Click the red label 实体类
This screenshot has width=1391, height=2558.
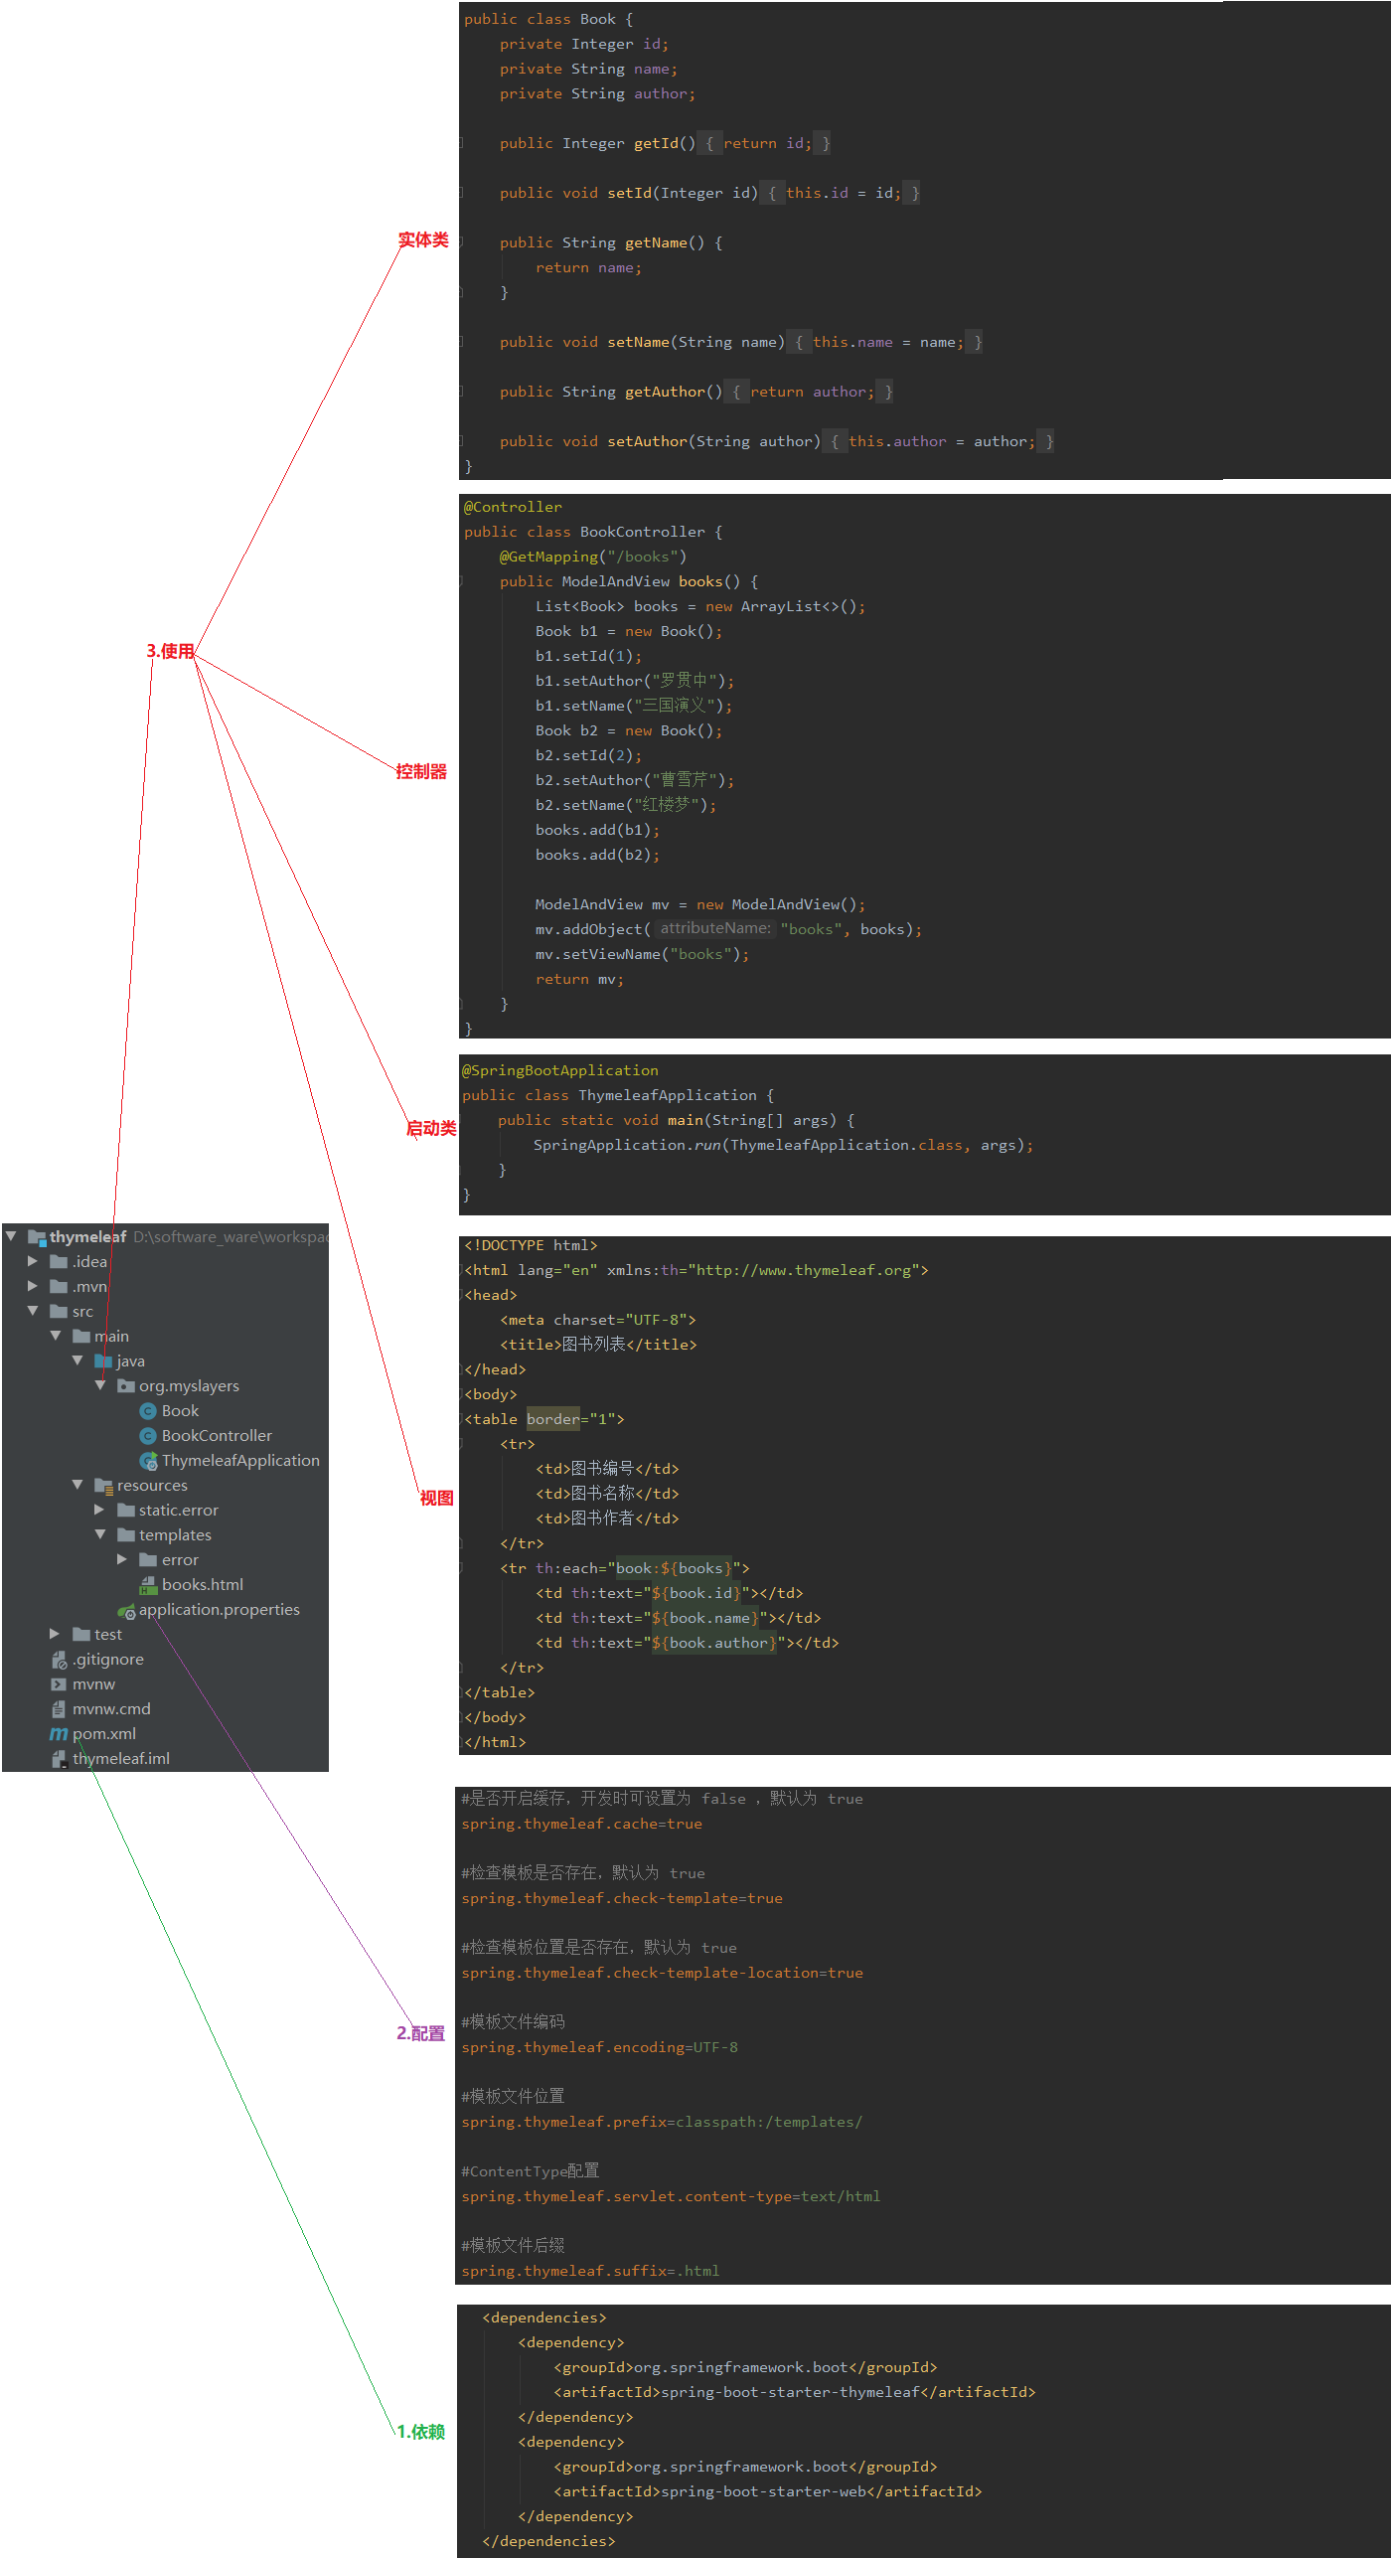(x=423, y=240)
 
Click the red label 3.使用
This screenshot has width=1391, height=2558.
(x=170, y=651)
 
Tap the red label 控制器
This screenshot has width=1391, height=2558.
(x=421, y=771)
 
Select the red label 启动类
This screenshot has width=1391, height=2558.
(x=431, y=1128)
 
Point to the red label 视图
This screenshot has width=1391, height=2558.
(x=436, y=1498)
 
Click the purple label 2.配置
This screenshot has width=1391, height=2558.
(x=421, y=2033)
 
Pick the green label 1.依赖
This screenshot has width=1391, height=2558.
(x=421, y=2431)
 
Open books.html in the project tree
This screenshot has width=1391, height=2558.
(x=202, y=1584)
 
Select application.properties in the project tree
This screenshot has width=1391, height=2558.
(x=219, y=1609)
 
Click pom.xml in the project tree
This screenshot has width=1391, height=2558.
(x=103, y=1733)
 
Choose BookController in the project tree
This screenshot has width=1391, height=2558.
(x=216, y=1435)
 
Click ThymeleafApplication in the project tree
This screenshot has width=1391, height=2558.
(x=239, y=1460)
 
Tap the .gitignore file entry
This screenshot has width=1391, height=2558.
(x=107, y=1659)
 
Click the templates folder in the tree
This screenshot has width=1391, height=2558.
(x=175, y=1534)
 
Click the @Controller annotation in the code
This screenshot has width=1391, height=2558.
(x=513, y=507)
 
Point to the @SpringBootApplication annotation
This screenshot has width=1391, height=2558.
(x=559, y=1070)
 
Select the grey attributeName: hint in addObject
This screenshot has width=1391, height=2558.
(x=715, y=928)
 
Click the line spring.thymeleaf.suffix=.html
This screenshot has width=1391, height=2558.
(x=590, y=2271)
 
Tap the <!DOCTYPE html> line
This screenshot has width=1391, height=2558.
(x=531, y=1245)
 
